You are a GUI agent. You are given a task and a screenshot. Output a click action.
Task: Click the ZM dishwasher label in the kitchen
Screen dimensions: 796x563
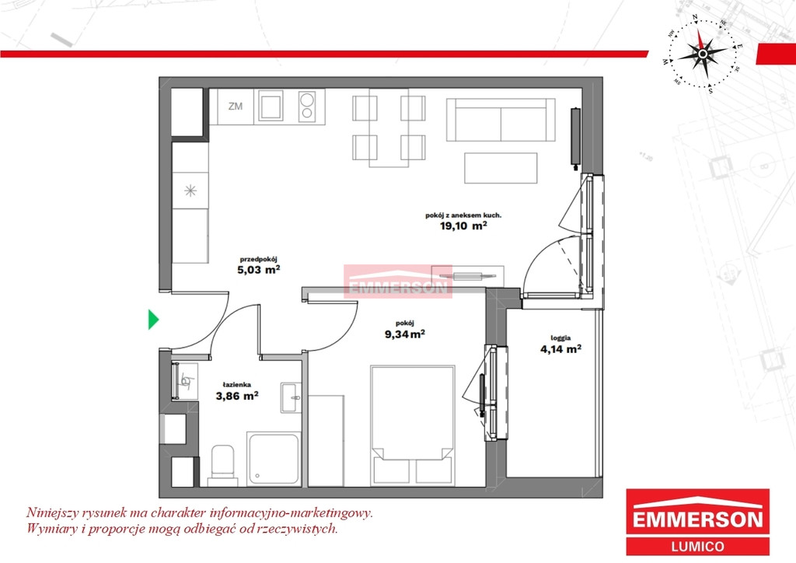pos(235,107)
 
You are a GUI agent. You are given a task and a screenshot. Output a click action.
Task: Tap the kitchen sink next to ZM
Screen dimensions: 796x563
pos(271,106)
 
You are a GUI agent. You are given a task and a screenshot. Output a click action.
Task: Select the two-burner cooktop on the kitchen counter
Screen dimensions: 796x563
pos(306,106)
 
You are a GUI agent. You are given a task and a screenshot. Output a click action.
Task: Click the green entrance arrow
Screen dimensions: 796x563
pos(153,320)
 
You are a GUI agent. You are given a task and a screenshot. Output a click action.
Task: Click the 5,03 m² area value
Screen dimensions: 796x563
pos(259,270)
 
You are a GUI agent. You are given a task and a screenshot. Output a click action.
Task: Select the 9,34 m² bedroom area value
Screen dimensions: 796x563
pos(404,334)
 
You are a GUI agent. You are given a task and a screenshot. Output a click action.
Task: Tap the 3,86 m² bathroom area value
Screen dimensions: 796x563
pos(237,396)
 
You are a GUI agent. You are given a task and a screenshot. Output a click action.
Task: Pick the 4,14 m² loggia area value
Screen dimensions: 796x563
pos(560,349)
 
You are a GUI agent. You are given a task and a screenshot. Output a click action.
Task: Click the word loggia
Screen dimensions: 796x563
pos(560,337)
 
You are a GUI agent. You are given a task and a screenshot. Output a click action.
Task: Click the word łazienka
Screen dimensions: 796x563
pos(236,385)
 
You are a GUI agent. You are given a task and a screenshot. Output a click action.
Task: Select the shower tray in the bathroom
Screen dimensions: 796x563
pos(274,459)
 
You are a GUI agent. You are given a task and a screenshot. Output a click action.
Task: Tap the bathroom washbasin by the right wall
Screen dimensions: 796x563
pos(291,397)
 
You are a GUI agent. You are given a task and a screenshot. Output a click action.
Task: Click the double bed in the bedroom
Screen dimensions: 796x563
pos(412,425)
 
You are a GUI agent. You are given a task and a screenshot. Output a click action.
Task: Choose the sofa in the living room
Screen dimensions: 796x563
pos(501,120)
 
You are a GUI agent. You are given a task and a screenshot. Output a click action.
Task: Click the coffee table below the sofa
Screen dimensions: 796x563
pos(501,168)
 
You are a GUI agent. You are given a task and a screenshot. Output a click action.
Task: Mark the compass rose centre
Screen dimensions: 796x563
pos(703,54)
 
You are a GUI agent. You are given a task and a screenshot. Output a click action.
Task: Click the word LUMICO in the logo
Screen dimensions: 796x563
pos(697,547)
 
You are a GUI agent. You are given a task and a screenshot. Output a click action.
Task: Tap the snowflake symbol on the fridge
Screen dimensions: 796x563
pos(190,191)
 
